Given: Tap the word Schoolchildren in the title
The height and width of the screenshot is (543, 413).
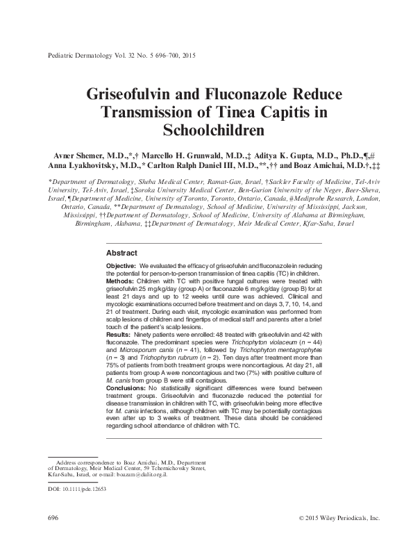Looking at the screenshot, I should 206,129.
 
